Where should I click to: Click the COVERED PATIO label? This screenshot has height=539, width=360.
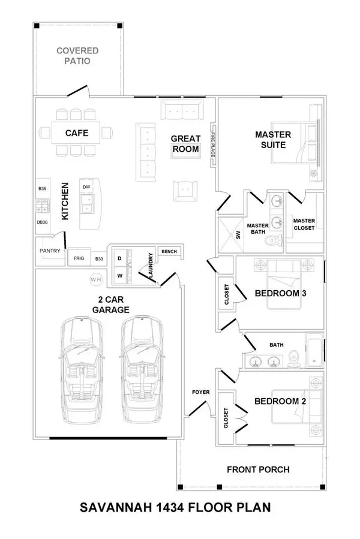point(78,56)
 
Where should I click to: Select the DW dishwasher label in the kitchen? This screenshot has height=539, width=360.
point(86,187)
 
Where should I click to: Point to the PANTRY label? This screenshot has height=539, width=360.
point(50,251)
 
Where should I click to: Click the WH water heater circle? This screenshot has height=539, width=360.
point(95,279)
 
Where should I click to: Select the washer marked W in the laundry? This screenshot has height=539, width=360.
point(119,276)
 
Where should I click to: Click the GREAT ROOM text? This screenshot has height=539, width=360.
point(185,143)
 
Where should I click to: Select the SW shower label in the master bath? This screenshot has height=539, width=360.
point(238,234)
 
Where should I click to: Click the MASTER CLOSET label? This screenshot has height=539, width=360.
point(304,224)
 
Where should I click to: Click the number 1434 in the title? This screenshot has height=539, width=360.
point(176,507)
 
